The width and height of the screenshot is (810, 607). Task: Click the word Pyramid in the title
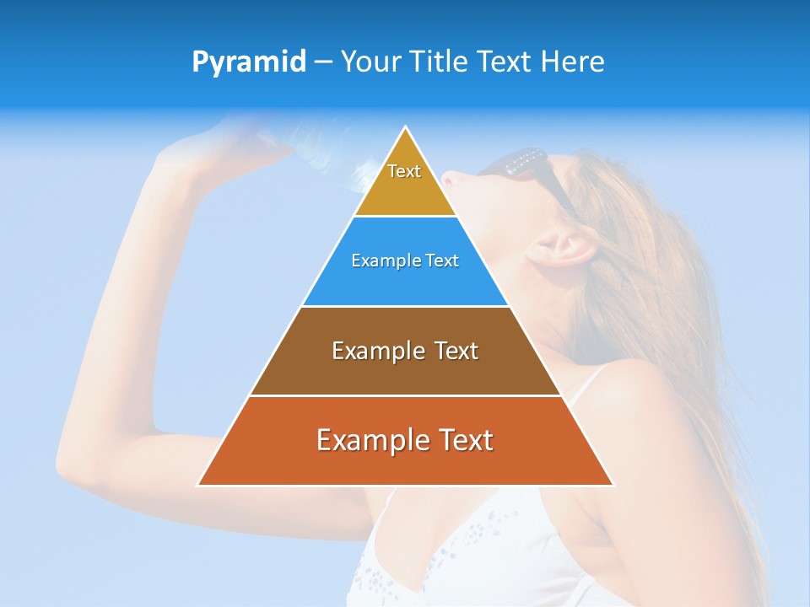(x=248, y=62)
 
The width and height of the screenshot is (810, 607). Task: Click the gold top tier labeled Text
(x=405, y=181)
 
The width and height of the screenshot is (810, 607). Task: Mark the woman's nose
(x=450, y=179)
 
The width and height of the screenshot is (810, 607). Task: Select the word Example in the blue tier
(x=378, y=261)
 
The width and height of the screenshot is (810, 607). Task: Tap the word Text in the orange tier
(x=462, y=441)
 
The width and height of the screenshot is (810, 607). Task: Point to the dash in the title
(x=323, y=62)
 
